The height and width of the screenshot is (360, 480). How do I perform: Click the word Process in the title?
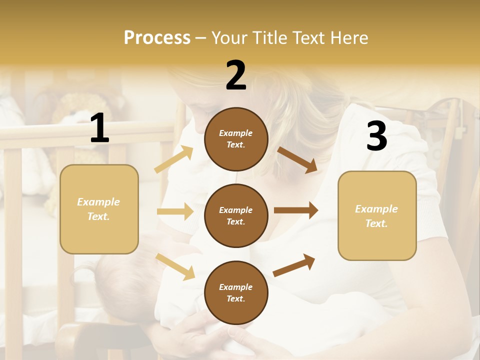point(157,38)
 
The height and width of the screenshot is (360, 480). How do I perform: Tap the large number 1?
point(99,129)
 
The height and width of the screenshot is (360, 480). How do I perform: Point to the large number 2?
point(236,75)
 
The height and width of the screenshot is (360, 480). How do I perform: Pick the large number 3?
point(376,136)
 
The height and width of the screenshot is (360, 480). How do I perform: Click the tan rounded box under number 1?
point(99,209)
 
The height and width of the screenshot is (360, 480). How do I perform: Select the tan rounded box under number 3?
point(377,216)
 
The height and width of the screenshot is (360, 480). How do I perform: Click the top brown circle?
point(236,139)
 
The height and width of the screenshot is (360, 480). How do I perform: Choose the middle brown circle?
point(236,215)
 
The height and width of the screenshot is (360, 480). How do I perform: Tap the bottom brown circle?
point(236,292)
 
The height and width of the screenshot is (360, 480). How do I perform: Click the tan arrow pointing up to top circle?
point(174,159)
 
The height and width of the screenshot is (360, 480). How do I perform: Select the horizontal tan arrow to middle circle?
point(175,211)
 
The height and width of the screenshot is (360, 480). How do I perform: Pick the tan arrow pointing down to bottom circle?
point(175,266)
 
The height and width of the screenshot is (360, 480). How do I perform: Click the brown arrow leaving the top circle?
point(297,159)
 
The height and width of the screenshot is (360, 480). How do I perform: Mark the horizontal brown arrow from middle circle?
point(296,210)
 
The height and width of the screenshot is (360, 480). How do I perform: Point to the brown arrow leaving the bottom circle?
point(294,265)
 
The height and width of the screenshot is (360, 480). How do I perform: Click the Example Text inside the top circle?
point(236,139)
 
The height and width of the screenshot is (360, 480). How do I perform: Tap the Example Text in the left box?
point(99,209)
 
